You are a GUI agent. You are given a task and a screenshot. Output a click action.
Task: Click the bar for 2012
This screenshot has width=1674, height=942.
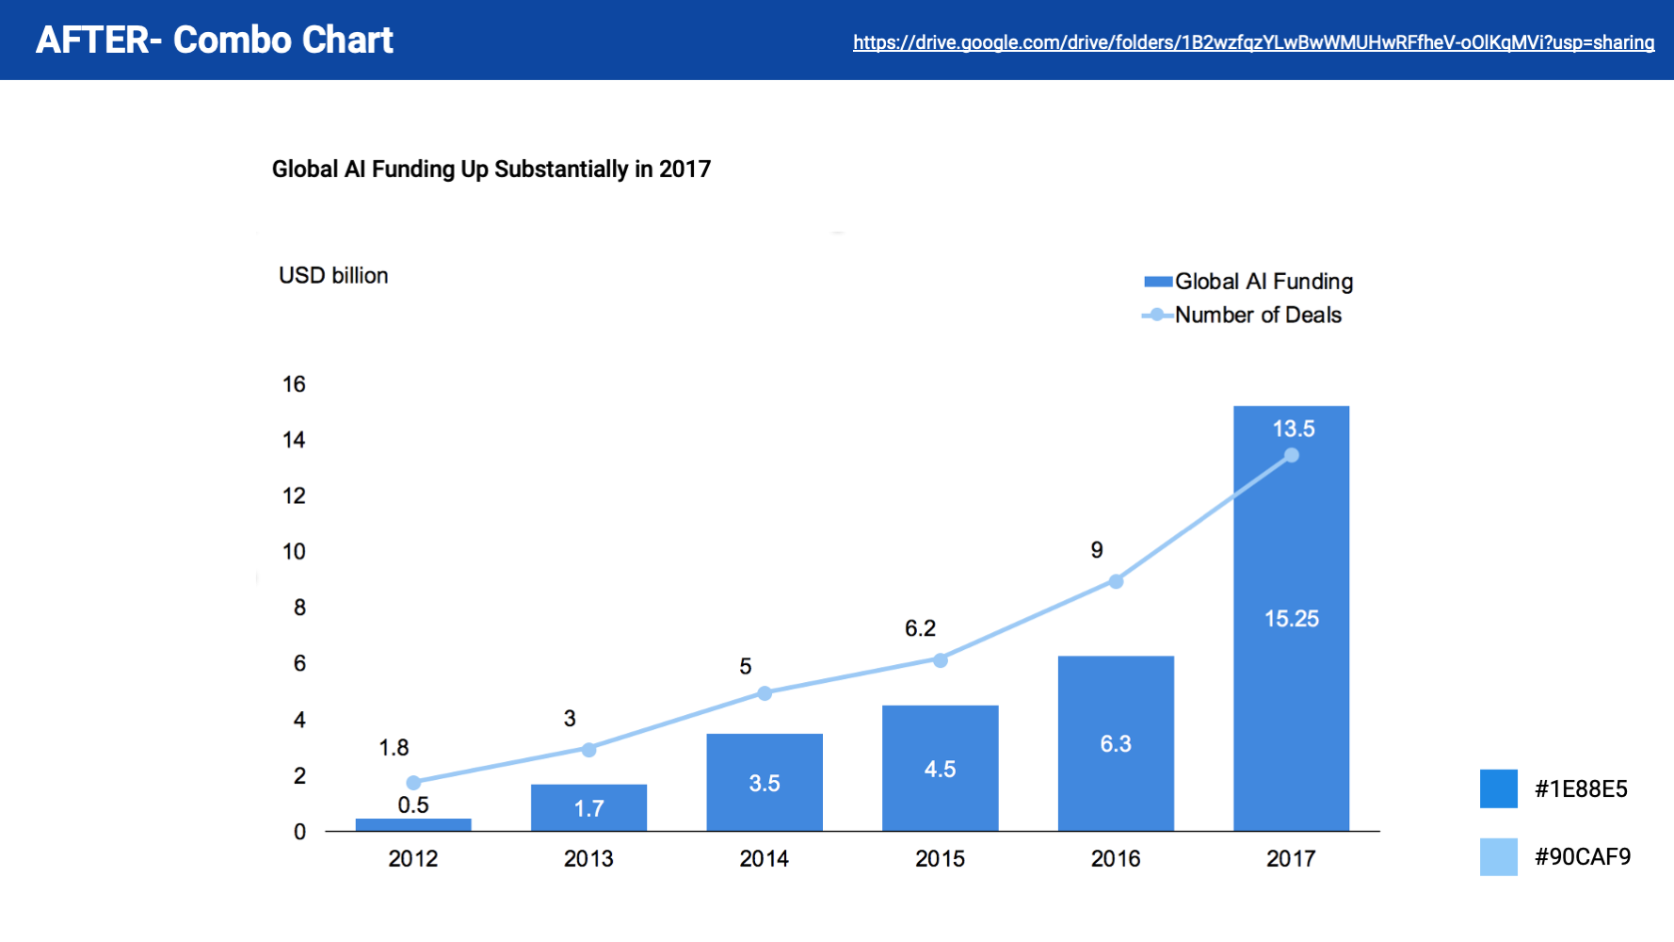[413, 825]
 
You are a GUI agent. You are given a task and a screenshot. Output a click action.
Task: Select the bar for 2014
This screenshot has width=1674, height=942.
[765, 782]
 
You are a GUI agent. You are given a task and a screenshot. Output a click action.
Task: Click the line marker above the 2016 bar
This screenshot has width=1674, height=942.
[1116, 581]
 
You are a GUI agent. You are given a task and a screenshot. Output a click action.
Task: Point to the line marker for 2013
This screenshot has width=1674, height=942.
[588, 750]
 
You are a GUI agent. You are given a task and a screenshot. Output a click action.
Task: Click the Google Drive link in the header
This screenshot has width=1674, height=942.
[1253, 42]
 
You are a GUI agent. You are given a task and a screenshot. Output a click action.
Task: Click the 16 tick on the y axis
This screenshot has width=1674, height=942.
[294, 384]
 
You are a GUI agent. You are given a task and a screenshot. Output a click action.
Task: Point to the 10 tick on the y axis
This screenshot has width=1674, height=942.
[294, 552]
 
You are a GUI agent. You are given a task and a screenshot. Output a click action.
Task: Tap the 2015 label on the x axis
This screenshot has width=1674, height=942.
[940, 859]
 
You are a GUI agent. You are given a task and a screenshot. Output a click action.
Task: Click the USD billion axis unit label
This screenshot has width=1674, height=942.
[333, 275]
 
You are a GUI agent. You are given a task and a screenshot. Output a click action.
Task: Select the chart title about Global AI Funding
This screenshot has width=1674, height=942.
[491, 170]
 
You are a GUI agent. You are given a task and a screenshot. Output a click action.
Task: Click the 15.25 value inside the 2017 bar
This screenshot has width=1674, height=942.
[1291, 619]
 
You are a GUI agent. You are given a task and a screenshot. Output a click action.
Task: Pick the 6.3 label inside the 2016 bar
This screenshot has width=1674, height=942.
[1116, 744]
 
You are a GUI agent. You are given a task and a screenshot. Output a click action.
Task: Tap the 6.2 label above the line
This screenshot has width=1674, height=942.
[920, 628]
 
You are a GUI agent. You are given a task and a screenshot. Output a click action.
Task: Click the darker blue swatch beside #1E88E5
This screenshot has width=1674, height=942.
[1498, 788]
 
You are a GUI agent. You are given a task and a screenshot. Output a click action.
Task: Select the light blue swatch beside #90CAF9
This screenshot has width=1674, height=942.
[1498, 857]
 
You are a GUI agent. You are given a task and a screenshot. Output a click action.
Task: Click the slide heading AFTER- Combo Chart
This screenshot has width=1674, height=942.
[215, 41]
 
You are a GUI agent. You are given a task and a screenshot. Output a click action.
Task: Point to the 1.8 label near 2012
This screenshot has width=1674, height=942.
[394, 748]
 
